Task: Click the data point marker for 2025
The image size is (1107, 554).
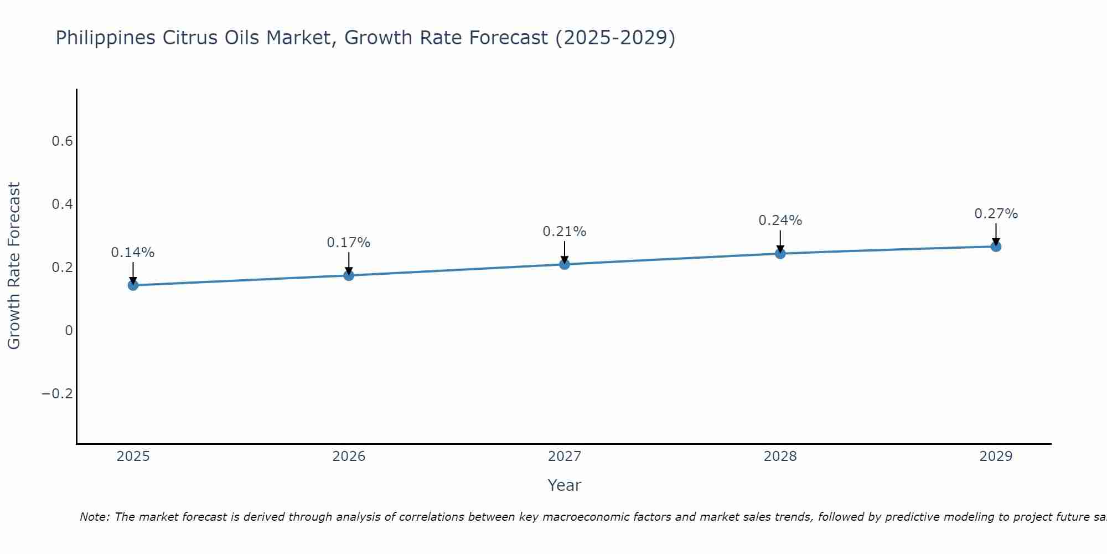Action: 133,285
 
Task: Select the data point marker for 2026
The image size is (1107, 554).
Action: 349,275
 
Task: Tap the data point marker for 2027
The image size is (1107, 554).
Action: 565,264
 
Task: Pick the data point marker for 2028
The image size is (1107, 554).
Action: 780,254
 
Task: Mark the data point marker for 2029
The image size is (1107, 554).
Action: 996,247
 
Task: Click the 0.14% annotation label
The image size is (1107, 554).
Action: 133,253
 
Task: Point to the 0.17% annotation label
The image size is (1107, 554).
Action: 349,243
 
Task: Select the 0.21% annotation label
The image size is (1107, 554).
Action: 565,232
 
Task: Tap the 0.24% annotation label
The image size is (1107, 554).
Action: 780,220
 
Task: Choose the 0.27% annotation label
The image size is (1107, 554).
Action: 996,214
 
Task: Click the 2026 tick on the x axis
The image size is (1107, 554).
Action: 349,456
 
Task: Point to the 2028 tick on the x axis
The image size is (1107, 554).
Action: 780,456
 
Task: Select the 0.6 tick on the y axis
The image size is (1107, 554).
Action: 62,141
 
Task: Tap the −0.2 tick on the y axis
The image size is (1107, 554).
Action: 58,394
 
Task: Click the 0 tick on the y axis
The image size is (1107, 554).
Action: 69,331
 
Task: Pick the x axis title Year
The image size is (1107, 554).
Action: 564,485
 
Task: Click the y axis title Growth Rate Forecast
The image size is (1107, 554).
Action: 14,265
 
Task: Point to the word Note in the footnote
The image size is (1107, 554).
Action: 94,517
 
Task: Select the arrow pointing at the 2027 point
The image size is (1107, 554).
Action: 565,252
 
